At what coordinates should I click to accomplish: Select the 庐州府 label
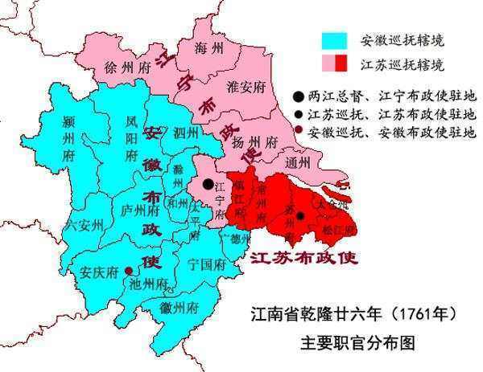pos(140,211)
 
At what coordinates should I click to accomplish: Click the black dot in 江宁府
pos(208,184)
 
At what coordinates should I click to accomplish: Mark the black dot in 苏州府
pos(299,215)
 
